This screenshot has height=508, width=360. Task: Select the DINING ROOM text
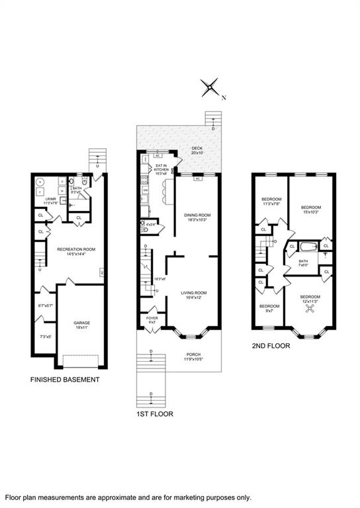point(197,217)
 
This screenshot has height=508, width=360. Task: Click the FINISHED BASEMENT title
point(65,380)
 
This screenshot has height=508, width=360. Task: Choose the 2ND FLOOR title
point(270,345)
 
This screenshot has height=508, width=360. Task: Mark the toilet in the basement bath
point(79,183)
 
